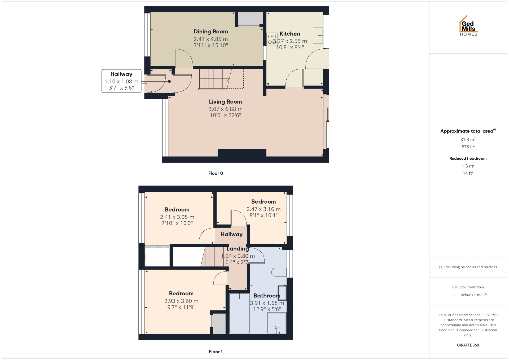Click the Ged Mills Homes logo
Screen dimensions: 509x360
coord(468,26)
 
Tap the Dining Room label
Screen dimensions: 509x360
coord(211,32)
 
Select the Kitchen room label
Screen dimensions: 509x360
coord(290,34)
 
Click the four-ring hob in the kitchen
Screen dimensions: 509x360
coord(272,39)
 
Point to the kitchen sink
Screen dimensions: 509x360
coord(318,35)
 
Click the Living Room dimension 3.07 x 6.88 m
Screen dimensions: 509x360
coord(225,109)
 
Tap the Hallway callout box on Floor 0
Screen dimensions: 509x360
coord(121,81)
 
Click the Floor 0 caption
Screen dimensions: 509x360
coord(216,173)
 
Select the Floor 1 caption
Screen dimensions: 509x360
coord(216,352)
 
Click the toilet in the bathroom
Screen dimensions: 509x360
coord(279,272)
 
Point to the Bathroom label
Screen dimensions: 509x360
coord(267,296)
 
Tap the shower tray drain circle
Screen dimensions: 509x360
coord(277,328)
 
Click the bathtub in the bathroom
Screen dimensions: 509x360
coord(239,313)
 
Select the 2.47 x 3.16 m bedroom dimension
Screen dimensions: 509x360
coord(264,209)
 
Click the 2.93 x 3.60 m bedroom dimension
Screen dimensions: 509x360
coord(181,301)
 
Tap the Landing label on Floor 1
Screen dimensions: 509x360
coord(238,249)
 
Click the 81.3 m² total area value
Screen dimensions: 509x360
coord(468,139)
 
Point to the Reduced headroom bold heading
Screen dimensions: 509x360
coord(468,159)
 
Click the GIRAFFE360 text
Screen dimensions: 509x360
coord(468,345)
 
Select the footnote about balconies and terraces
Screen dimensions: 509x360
coord(468,267)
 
